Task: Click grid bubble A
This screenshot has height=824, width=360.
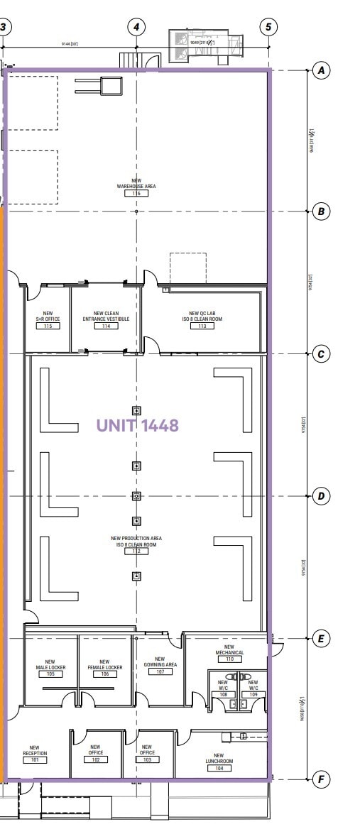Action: coord(322,70)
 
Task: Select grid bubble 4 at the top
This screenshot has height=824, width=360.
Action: coord(136,27)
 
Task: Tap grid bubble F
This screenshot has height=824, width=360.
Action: coord(322,780)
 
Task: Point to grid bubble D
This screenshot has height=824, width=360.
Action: coord(322,496)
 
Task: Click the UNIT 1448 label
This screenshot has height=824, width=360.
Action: coord(137,426)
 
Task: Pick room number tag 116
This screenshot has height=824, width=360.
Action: coord(136,193)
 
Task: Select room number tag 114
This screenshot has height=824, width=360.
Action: coord(106,326)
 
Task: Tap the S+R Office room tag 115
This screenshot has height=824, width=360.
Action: coord(48,326)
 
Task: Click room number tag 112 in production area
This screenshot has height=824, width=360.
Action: coord(136,551)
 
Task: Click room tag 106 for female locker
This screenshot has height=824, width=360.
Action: coord(105,674)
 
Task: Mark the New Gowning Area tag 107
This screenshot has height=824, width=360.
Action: coord(160,671)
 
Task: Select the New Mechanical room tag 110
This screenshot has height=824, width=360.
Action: coord(229,659)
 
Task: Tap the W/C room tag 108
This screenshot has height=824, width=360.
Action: coord(223,693)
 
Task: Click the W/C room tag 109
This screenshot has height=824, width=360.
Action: coord(253,693)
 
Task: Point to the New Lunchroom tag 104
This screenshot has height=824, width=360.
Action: coord(219,768)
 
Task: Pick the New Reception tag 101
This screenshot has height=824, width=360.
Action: coord(35,759)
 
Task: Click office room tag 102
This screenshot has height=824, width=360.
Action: coord(96,759)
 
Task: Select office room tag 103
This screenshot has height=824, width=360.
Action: coord(147,759)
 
